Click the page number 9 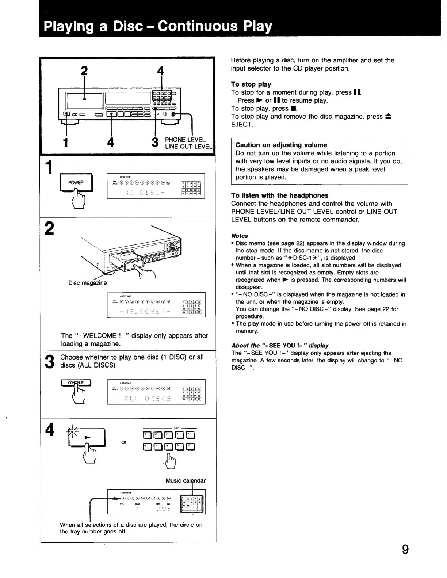(x=405, y=550)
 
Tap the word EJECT (x=242, y=124)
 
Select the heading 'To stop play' (x=251, y=84)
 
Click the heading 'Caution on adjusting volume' (x=281, y=145)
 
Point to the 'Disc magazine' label (x=88, y=282)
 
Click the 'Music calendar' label (x=186, y=480)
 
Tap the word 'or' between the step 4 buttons (x=124, y=442)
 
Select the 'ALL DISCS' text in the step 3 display (x=147, y=398)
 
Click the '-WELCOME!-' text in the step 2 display (x=144, y=312)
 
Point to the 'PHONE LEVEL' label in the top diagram (x=185, y=140)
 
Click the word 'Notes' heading (x=240, y=236)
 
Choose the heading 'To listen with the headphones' (x=280, y=195)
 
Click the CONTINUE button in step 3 (x=76, y=383)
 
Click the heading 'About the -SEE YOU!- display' (x=280, y=345)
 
